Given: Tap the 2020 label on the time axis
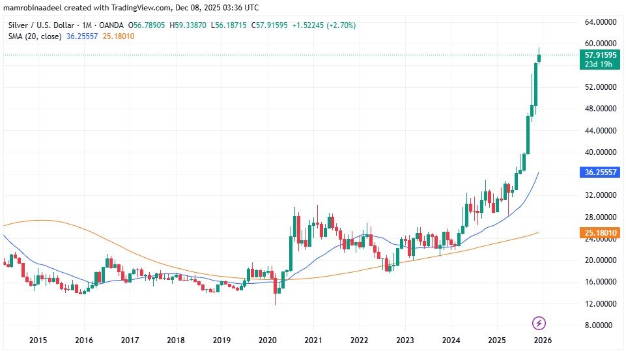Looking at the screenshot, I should (x=267, y=340).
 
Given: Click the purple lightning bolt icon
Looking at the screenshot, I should (x=539, y=323).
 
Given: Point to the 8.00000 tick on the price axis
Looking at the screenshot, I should (x=599, y=325).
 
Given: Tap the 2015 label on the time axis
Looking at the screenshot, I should (x=38, y=340).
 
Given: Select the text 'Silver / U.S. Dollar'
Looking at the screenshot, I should (x=38, y=25).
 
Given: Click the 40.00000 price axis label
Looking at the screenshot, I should (x=599, y=152).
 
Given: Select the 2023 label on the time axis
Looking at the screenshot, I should (x=405, y=340).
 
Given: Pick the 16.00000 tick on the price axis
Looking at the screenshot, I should (x=599, y=282).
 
